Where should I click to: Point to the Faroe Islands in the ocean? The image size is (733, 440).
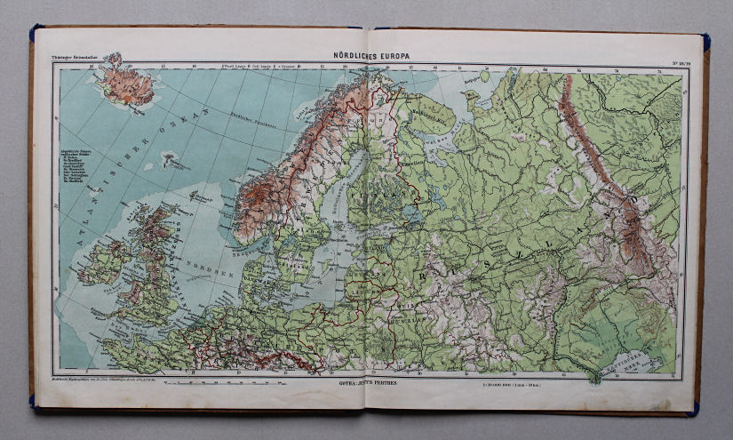click(169, 162)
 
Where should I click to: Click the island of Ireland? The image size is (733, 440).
click(105, 264)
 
